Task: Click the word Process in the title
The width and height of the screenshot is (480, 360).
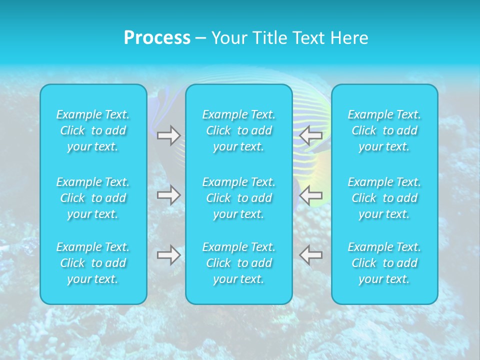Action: tap(157, 38)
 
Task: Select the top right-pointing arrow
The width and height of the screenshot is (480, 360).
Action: tap(168, 135)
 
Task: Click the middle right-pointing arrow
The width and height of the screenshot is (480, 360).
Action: tap(168, 195)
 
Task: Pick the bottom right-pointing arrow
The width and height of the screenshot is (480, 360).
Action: tap(168, 255)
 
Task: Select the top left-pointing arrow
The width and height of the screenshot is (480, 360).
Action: tap(311, 135)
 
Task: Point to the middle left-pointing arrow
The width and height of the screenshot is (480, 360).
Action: tap(311, 195)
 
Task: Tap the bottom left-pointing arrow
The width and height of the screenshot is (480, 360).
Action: tap(311, 255)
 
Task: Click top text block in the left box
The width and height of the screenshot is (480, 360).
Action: tap(93, 130)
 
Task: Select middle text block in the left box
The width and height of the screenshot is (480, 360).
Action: tap(93, 198)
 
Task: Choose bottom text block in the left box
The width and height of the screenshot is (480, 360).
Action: tap(93, 263)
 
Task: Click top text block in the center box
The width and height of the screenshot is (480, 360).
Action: tap(239, 130)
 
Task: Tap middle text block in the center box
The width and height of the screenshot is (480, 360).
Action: tap(239, 198)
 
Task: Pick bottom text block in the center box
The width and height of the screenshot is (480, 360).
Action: tap(239, 263)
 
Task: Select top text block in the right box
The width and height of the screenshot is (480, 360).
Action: tap(384, 130)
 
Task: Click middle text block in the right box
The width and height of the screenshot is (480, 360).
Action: tap(384, 198)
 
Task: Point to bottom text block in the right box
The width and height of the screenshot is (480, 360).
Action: tap(384, 263)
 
